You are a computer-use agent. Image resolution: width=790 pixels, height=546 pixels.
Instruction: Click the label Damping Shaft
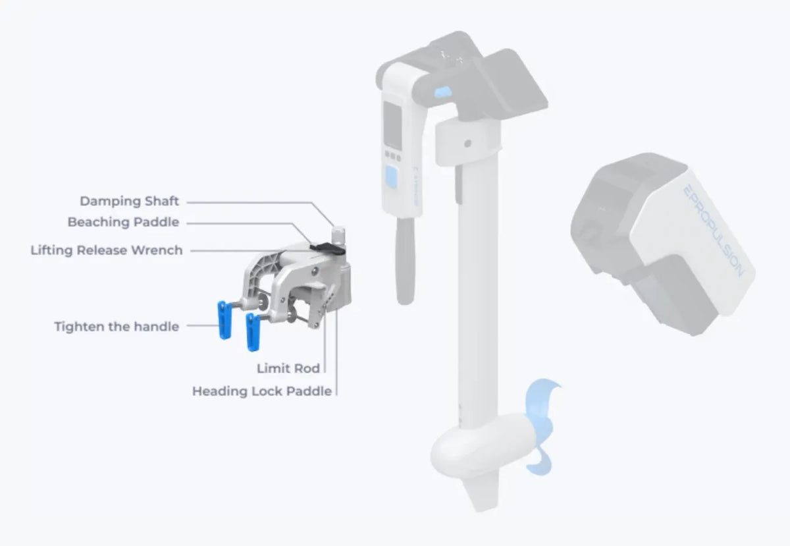pos(130,201)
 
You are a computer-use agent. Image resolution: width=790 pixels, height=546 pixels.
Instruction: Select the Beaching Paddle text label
pos(124,222)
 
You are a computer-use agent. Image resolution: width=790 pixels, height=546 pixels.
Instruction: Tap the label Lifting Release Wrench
pos(107,250)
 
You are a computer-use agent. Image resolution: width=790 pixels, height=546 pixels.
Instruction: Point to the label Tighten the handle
pos(117,327)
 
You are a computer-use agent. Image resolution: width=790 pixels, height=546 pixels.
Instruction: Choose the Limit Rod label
pos(288,368)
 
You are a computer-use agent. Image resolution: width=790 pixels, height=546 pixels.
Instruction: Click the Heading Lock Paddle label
pos(262,391)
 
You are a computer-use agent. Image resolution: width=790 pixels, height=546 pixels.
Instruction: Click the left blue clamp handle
pos(224,320)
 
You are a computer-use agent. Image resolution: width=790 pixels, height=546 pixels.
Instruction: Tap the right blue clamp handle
pos(253,332)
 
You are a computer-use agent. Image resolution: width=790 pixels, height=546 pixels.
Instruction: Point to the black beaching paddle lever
pos(327,248)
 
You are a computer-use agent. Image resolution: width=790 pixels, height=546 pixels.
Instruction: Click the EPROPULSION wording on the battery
pos(714,231)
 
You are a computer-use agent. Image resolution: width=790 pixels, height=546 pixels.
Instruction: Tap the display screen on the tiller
pos(392,124)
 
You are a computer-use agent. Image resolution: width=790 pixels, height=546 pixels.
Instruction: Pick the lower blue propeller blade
pos(540,460)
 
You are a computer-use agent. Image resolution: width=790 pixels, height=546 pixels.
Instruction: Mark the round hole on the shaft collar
pos(468,144)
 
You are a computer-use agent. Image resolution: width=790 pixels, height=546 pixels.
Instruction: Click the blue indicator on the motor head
pos(443,92)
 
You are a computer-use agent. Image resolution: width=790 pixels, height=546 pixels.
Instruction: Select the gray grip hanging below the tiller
pos(406,260)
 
